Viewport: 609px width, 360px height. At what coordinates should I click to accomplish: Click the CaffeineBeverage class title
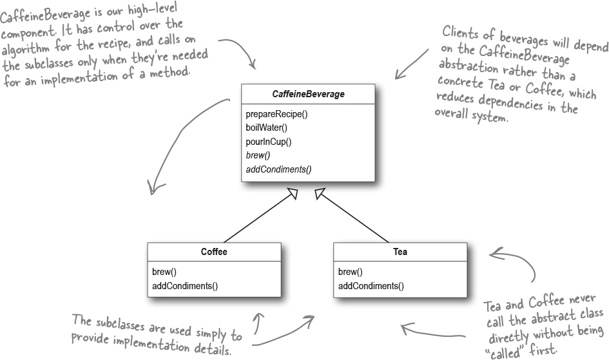pos(308,94)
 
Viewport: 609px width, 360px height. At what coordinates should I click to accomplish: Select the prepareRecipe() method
pos(276,114)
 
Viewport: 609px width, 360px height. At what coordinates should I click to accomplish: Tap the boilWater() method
pos(266,128)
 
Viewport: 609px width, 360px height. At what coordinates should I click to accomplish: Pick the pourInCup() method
pos(268,142)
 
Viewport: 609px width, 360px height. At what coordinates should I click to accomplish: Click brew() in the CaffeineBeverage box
pos(258,155)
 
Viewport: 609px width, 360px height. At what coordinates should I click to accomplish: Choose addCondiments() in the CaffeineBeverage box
pos(278,169)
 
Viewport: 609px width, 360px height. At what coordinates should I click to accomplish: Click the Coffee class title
pos(214,252)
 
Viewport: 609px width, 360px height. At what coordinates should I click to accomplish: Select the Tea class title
pos(400,252)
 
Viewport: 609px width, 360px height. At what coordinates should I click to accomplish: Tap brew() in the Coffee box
pos(164,272)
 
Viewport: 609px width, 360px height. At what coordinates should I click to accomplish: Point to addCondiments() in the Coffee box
pos(185,286)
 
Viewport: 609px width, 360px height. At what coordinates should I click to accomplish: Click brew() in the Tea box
pos(350,272)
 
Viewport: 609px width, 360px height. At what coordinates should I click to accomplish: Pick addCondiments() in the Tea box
pos(371,286)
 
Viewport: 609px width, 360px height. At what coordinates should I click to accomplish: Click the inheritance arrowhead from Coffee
pos(293,193)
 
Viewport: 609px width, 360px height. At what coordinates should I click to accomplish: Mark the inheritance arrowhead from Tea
pos(320,193)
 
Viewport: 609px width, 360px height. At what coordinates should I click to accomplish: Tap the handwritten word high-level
pos(152,9)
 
